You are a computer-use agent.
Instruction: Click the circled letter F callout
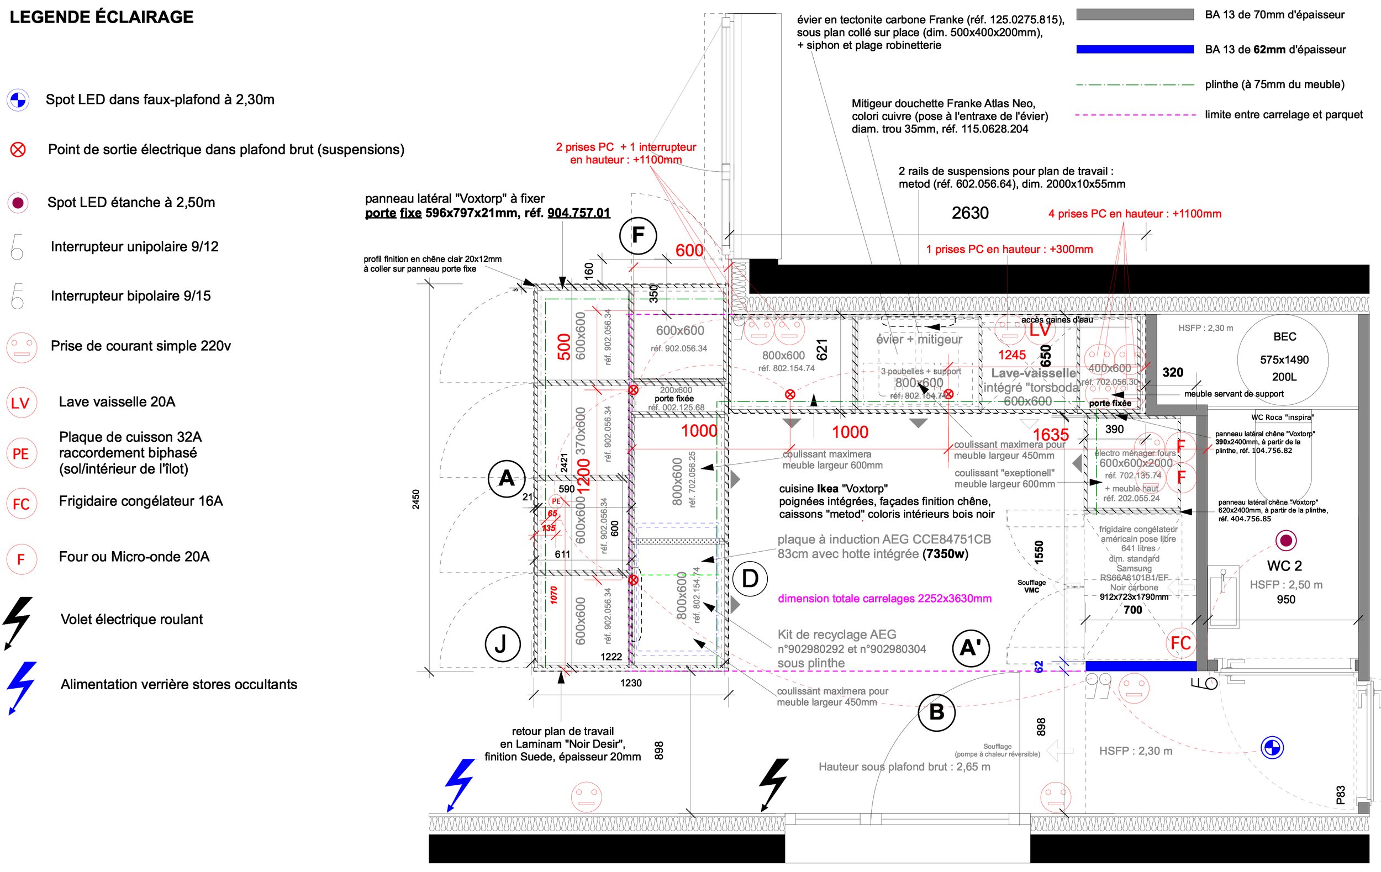(637, 236)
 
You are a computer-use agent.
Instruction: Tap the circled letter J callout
(502, 644)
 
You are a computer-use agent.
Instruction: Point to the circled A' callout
(971, 648)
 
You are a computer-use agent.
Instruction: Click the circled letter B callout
(936, 712)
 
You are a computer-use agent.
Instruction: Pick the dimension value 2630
(970, 213)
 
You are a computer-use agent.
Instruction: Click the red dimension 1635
(1051, 435)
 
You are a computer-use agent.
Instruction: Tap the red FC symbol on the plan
(1180, 643)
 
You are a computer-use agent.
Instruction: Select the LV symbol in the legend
(20, 403)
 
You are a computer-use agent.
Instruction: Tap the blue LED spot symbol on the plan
(1272, 748)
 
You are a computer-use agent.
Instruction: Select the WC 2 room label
(1284, 566)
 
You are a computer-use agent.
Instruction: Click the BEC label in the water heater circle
(1284, 336)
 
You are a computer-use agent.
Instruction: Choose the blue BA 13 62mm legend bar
(1135, 49)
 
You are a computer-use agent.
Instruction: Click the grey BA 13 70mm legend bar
(1135, 15)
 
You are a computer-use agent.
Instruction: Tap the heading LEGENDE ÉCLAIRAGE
(102, 17)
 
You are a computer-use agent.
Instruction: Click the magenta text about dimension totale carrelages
(884, 599)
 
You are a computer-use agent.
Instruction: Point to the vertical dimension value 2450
(416, 499)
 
